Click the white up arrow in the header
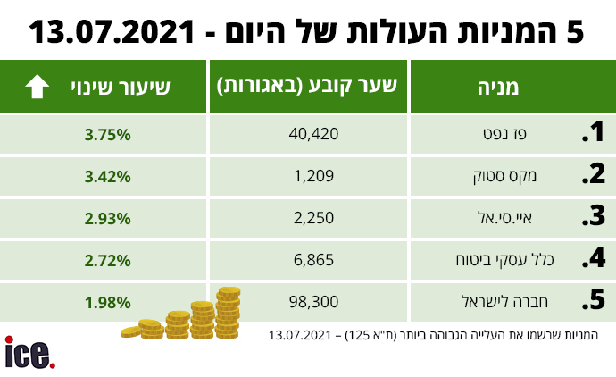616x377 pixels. [37, 87]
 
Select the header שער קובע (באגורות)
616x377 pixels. [307, 87]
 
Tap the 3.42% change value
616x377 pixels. [108, 176]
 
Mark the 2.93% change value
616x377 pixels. [108, 217]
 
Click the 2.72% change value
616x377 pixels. [108, 260]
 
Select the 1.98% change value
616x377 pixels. [108, 301]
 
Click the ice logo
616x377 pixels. [29, 354]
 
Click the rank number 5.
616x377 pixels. [594, 301]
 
